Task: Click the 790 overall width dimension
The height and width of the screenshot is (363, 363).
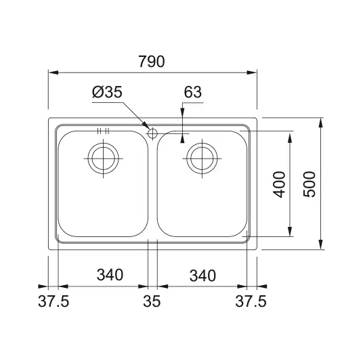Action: pyautogui.click(x=152, y=62)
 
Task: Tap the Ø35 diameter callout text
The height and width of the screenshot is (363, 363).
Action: pyautogui.click(x=107, y=92)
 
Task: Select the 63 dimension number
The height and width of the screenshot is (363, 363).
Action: pyautogui.click(x=192, y=92)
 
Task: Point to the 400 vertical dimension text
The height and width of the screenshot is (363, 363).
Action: pyautogui.click(x=279, y=184)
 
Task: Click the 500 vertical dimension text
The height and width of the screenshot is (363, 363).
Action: pyautogui.click(x=309, y=184)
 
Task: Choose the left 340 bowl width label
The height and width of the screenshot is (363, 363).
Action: pyautogui.click(x=110, y=275)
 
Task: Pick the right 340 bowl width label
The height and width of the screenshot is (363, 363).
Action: pyautogui.click(x=202, y=276)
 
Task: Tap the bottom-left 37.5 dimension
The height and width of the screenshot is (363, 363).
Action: pyautogui.click(x=54, y=301)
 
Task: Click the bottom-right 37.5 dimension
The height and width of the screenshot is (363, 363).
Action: pyautogui.click(x=251, y=301)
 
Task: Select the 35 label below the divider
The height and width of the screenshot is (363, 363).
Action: pyautogui.click(x=152, y=301)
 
